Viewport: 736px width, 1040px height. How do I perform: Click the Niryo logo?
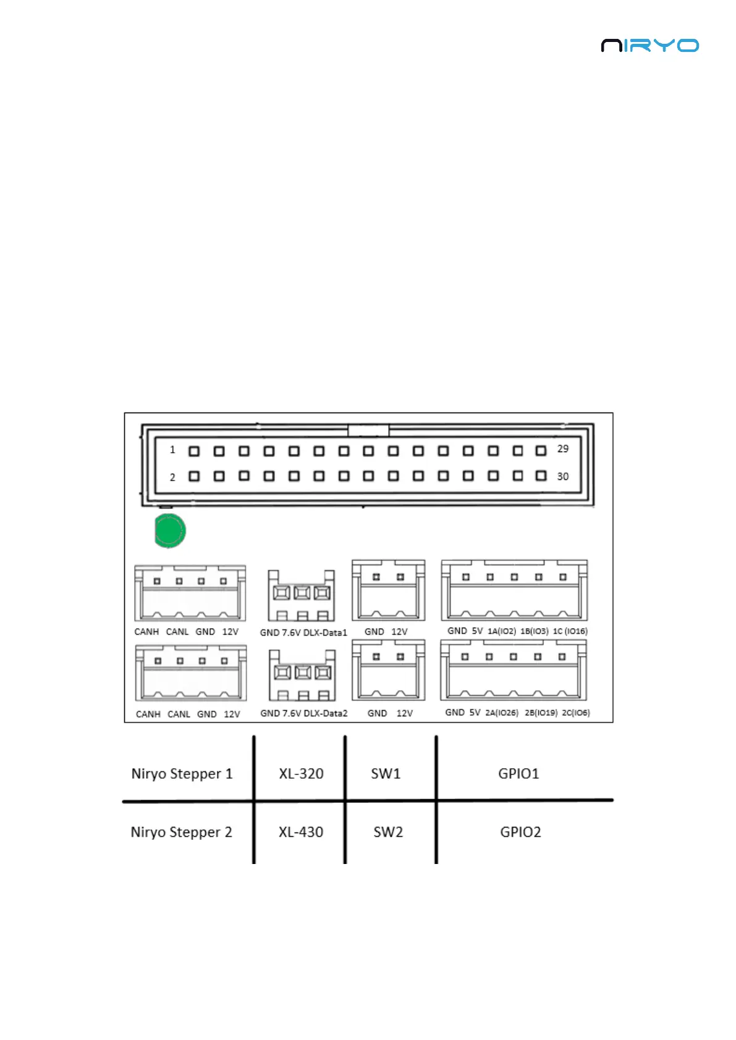click(x=649, y=46)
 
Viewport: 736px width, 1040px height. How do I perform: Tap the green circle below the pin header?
click(x=169, y=530)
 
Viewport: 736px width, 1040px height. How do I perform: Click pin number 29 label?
click(x=562, y=449)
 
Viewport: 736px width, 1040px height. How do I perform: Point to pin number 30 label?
click(x=562, y=477)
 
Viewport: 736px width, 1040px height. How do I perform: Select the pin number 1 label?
click(x=172, y=450)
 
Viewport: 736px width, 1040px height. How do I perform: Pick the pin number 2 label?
click(x=172, y=477)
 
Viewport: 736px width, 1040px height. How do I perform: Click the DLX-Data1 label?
click(x=325, y=632)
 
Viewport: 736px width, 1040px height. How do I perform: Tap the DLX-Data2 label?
click(x=325, y=713)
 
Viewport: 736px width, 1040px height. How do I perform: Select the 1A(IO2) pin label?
click(x=502, y=631)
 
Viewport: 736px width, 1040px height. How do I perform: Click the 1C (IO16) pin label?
click(x=570, y=631)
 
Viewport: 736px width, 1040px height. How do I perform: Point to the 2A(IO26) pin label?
click(x=502, y=713)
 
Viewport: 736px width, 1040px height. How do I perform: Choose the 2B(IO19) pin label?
click(x=541, y=713)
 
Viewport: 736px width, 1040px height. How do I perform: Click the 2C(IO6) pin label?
click(x=575, y=713)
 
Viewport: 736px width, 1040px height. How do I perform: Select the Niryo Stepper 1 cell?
click(x=182, y=774)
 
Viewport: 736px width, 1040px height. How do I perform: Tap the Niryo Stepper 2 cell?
click(x=181, y=832)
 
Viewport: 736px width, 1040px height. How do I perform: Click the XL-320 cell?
click(x=301, y=774)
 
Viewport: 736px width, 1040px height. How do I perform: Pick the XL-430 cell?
click(x=301, y=832)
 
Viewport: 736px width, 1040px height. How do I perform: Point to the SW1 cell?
click(x=386, y=774)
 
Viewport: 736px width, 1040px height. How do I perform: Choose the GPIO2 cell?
click(x=520, y=832)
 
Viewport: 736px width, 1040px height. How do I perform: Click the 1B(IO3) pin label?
click(x=534, y=631)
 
